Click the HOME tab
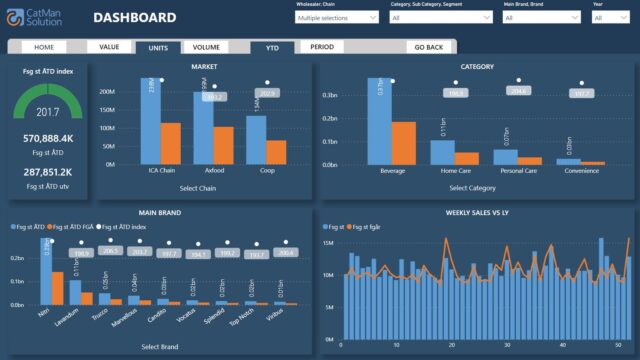(45, 47)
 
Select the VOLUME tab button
(206, 47)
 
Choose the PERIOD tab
(322, 47)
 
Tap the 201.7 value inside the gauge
(48, 112)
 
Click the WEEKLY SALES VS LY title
(475, 212)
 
